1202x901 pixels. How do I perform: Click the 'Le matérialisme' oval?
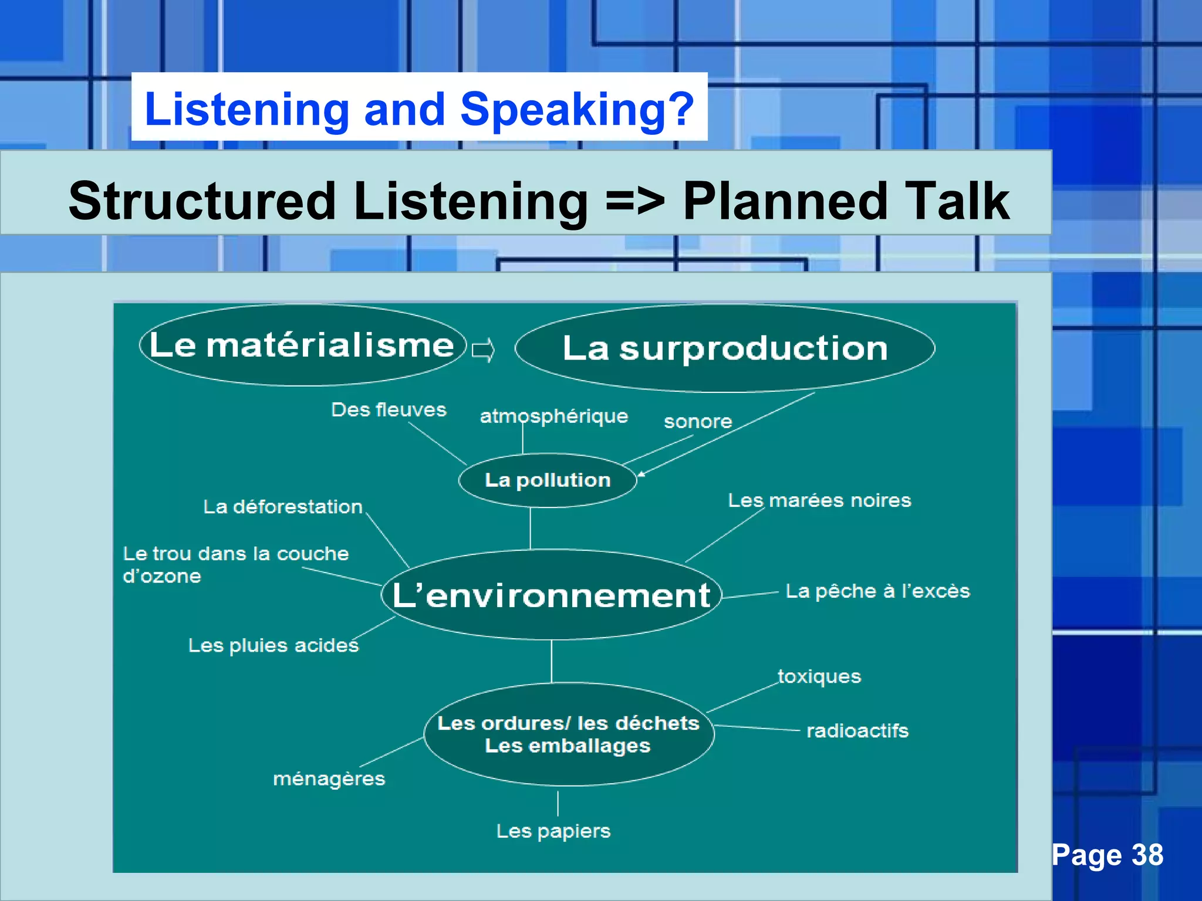(302, 345)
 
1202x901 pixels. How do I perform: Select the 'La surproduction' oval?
(725, 348)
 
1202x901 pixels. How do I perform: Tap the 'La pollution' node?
(548, 480)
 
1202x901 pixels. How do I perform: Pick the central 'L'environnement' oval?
(551, 595)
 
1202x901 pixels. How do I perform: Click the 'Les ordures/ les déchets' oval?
(568, 734)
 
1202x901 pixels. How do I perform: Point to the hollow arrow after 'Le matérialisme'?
(484, 350)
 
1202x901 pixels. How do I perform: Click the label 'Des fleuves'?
(389, 409)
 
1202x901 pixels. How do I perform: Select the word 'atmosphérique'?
(553, 416)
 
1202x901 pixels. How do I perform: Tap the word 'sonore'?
(698, 421)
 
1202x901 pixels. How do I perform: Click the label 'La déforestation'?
(283, 506)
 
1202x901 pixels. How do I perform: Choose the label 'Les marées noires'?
(819, 500)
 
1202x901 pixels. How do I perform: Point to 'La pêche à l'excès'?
(877, 591)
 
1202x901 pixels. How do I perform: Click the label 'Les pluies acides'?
(273, 645)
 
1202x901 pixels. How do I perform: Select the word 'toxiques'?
(819, 676)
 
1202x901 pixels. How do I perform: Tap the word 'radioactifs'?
(857, 731)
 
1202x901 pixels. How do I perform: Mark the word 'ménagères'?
(329, 778)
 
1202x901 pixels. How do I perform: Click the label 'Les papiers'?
(553, 831)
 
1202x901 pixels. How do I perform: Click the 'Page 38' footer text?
(1108, 855)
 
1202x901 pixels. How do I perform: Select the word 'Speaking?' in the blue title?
(577, 109)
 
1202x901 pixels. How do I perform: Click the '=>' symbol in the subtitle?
(635, 201)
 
